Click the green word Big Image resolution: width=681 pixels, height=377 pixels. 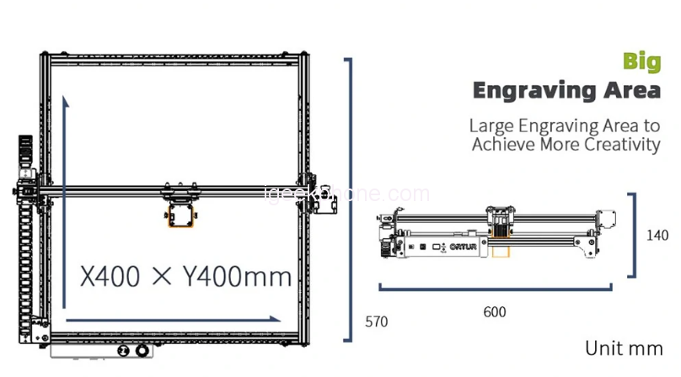coord(642,62)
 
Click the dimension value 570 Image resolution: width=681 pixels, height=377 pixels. coord(376,321)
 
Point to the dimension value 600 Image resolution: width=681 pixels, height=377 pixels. coord(495,312)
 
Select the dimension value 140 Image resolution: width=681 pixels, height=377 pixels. coord(657,235)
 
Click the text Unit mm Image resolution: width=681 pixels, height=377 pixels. coord(624,348)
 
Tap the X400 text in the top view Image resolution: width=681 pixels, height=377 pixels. coord(110,276)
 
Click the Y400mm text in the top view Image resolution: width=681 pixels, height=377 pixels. coord(237,276)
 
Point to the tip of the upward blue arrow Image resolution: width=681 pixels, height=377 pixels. coord(66,97)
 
